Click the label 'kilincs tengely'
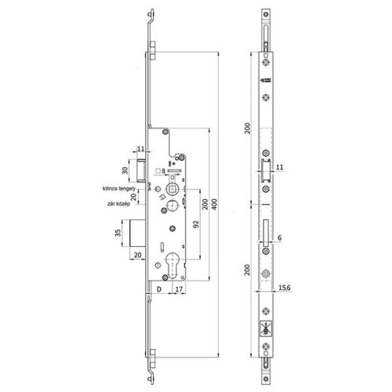click(119, 189)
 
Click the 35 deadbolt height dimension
click(118, 234)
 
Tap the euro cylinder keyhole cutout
click(172, 260)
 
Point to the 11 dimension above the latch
click(140, 148)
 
